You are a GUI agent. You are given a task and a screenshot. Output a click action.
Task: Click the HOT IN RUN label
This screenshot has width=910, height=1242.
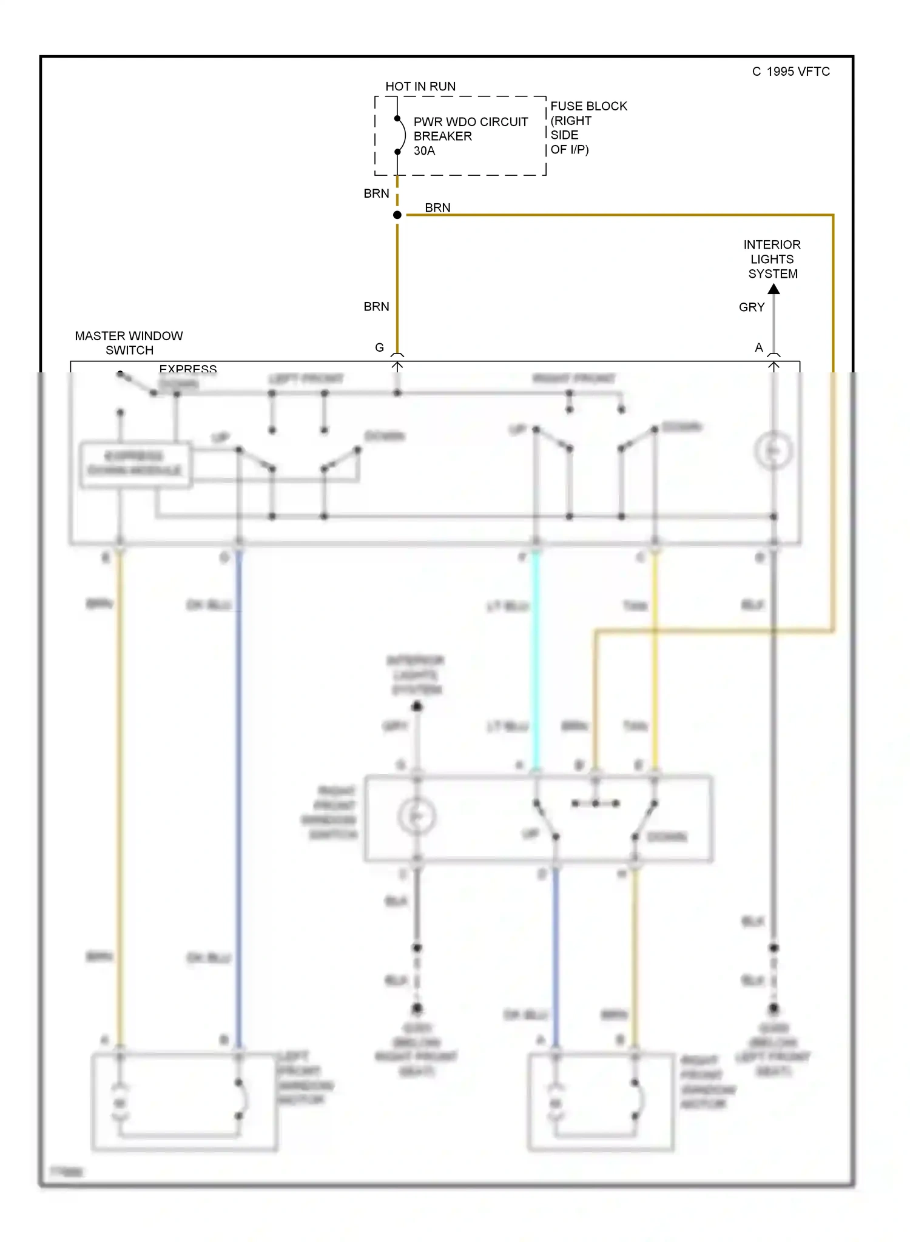click(420, 87)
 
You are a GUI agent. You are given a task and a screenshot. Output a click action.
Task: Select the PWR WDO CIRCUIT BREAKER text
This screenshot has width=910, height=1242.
click(470, 129)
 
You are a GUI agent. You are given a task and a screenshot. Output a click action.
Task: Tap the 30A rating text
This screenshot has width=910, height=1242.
click(424, 151)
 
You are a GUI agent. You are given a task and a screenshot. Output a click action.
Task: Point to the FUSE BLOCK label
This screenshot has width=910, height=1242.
click(588, 106)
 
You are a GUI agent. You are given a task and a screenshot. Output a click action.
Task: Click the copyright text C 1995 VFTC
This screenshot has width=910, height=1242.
click(790, 72)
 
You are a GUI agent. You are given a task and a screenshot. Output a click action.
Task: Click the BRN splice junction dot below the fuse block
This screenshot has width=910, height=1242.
click(397, 215)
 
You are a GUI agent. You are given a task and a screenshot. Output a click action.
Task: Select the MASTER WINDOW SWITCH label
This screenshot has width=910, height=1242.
click(129, 343)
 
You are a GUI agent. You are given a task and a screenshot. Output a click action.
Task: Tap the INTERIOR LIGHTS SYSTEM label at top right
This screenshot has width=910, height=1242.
click(772, 259)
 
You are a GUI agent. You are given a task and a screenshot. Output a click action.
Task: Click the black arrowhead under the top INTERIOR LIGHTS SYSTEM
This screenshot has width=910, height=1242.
click(773, 289)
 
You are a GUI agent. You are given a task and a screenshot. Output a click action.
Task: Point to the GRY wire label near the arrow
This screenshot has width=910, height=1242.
click(751, 307)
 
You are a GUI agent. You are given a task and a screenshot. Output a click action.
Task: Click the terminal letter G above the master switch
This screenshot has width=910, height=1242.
click(379, 347)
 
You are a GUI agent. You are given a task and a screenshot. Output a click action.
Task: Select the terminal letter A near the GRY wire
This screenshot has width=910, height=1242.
click(758, 347)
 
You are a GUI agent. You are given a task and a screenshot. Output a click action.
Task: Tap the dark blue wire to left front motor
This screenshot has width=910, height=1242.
click(238, 788)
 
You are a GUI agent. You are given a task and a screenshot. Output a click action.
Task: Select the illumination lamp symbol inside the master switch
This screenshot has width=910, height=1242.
click(773, 451)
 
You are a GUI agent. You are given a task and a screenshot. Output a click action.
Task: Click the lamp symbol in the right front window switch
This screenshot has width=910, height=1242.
click(417, 816)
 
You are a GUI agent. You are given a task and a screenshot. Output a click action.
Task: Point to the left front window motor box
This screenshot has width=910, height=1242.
click(184, 1102)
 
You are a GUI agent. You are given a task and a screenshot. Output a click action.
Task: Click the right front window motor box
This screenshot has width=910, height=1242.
click(601, 1102)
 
